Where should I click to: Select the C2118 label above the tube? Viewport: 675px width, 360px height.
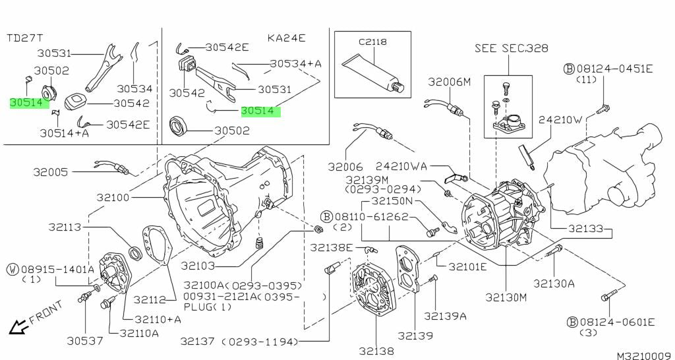pyautogui.click(x=372, y=42)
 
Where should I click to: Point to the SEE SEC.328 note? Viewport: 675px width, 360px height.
pyautogui.click(x=511, y=49)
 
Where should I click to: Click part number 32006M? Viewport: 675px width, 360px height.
pyautogui.click(x=450, y=82)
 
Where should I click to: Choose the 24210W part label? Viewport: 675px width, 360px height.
pyautogui.click(x=560, y=120)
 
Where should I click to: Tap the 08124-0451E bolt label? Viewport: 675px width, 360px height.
pyautogui.click(x=613, y=69)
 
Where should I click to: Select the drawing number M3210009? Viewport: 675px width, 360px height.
pyautogui.click(x=643, y=355)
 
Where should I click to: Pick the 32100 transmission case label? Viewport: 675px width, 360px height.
pyautogui.click(x=115, y=197)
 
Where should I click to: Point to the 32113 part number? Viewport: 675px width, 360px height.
pyautogui.click(x=64, y=227)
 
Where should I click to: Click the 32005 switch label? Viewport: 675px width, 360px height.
pyautogui.click(x=51, y=172)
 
